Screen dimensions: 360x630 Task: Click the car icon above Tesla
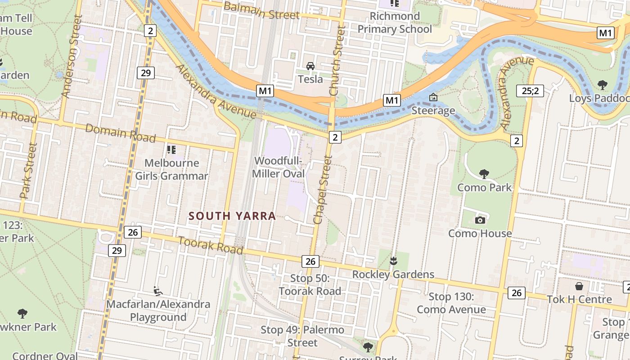pyautogui.click(x=310, y=66)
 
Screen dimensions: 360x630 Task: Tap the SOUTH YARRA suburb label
pyautogui.click(x=232, y=216)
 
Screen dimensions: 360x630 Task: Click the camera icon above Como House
pyautogui.click(x=480, y=220)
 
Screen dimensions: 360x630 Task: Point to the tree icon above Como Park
pyautogui.click(x=484, y=174)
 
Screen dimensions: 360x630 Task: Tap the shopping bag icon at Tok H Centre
pyautogui.click(x=579, y=286)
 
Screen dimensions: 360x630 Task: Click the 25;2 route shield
pyautogui.click(x=530, y=91)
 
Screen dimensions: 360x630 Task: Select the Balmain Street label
pyautogui.click(x=261, y=10)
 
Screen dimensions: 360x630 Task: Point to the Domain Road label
pyautogui.click(x=120, y=133)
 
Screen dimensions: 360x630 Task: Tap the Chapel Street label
pyautogui.click(x=323, y=190)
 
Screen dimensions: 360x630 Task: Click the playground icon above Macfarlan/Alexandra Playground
pyautogui.click(x=158, y=291)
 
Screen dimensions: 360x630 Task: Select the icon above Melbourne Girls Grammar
pyautogui.click(x=171, y=149)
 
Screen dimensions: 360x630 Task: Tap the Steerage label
pyautogui.click(x=433, y=111)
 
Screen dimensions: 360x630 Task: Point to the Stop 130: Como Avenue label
pyautogui.click(x=451, y=303)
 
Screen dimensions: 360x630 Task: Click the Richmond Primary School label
pyautogui.click(x=395, y=23)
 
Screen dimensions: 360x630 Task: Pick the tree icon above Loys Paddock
pyautogui.click(x=602, y=85)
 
